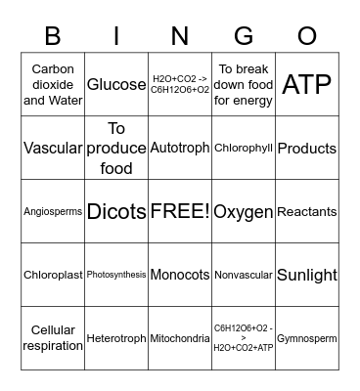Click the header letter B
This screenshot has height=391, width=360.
click(53, 36)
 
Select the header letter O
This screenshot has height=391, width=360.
click(306, 36)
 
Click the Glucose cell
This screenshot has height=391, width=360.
click(116, 85)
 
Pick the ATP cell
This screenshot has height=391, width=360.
click(306, 85)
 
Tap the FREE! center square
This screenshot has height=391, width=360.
click(180, 211)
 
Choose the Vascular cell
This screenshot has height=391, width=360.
click(53, 149)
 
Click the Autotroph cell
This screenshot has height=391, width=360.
click(180, 149)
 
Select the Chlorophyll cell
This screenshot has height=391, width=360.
click(243, 149)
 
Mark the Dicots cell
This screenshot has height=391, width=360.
click(116, 211)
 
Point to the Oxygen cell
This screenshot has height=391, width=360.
click(243, 211)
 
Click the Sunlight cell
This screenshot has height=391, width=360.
click(306, 275)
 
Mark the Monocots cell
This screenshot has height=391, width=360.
click(180, 275)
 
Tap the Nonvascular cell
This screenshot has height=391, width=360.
click(243, 275)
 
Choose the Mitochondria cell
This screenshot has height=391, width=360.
click(180, 338)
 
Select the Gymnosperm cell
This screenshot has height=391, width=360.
click(306, 338)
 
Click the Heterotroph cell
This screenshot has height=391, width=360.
click(116, 338)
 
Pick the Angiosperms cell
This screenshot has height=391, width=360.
click(53, 211)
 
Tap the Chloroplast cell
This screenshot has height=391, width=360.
click(53, 275)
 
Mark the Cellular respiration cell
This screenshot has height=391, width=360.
click(53, 338)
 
